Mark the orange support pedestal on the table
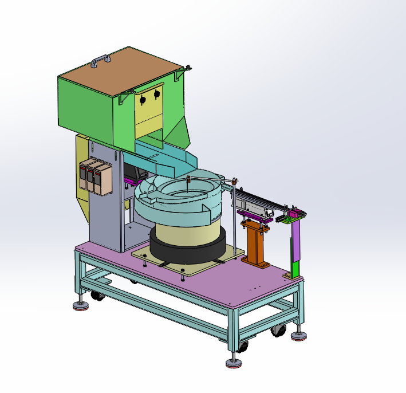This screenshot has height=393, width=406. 255,246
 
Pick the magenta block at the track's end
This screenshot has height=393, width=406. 292,214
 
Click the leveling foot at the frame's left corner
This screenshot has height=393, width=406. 81,304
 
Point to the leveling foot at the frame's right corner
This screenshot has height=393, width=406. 298,335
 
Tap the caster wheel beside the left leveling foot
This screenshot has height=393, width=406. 96,296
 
